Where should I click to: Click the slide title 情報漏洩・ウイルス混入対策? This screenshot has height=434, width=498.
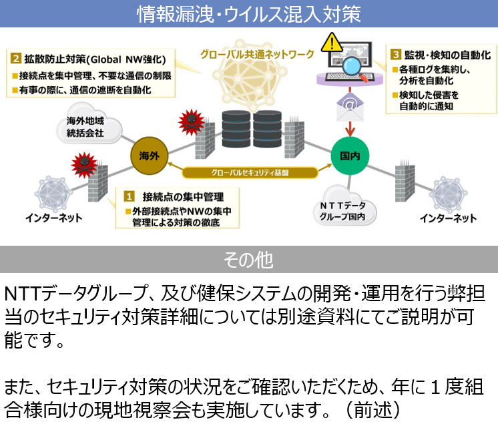point(249,13)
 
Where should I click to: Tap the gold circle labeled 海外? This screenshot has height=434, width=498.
point(148,156)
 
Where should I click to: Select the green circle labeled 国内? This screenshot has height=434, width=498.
point(350,156)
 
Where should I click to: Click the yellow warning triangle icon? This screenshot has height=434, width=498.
point(331,43)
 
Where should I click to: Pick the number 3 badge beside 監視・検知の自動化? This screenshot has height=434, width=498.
point(396,54)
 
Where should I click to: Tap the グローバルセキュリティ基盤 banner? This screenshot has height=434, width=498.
point(250,172)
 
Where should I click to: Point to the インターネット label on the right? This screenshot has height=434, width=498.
point(448,218)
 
